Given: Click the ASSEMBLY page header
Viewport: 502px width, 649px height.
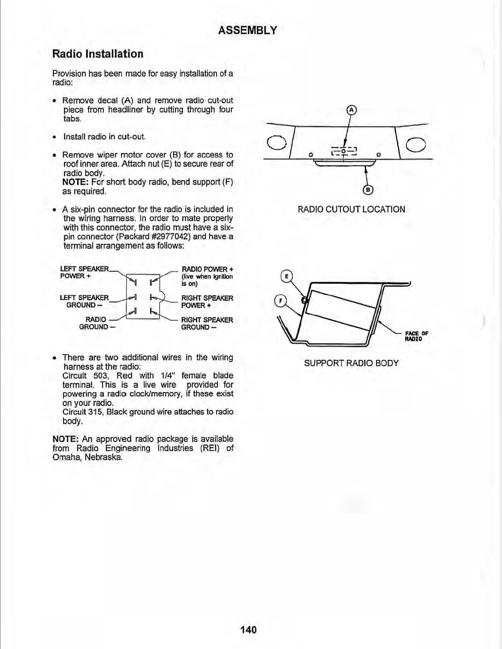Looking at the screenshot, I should [x=247, y=30].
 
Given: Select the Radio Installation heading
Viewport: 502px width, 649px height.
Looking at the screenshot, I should [x=98, y=54].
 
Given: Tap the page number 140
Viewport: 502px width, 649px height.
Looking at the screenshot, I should [x=248, y=629].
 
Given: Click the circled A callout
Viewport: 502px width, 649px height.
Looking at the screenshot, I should [x=351, y=110].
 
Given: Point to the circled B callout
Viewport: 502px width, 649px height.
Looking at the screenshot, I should [x=368, y=190].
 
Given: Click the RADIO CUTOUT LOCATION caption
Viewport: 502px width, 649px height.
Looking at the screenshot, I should [x=351, y=209].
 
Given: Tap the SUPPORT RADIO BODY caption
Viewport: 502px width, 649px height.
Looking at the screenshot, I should [x=351, y=363].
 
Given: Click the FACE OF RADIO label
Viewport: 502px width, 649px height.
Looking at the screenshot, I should [x=416, y=336].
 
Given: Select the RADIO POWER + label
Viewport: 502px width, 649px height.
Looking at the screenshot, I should [x=207, y=269].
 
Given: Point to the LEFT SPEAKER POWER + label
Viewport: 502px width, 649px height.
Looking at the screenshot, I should [x=84, y=272].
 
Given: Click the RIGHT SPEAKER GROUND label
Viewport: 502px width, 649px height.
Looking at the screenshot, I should [x=207, y=323].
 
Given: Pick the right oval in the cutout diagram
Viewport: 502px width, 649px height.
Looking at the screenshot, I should [x=415, y=144].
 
